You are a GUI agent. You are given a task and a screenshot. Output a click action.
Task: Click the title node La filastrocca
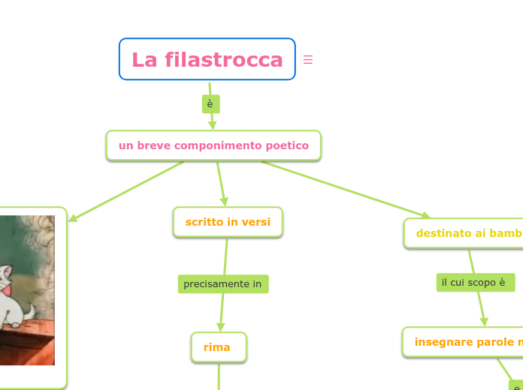207,59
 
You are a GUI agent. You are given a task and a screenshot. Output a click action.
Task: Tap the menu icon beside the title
308,60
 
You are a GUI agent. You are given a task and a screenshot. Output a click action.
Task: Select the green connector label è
210,104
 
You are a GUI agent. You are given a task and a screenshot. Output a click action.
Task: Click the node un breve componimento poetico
213,145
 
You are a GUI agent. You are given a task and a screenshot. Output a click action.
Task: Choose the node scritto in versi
228,222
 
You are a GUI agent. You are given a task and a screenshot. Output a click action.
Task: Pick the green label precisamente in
223,284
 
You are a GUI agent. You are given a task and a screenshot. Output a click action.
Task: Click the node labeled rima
218,347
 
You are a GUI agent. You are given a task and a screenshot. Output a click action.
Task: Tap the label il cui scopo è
475,283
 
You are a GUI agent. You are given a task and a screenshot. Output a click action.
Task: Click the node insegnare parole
466,342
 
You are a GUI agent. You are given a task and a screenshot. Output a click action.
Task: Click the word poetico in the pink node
286,145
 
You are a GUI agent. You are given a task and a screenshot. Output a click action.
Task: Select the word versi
255,222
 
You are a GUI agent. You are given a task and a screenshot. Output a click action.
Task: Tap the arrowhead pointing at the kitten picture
73,218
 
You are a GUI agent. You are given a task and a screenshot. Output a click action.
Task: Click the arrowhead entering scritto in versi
224,202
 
